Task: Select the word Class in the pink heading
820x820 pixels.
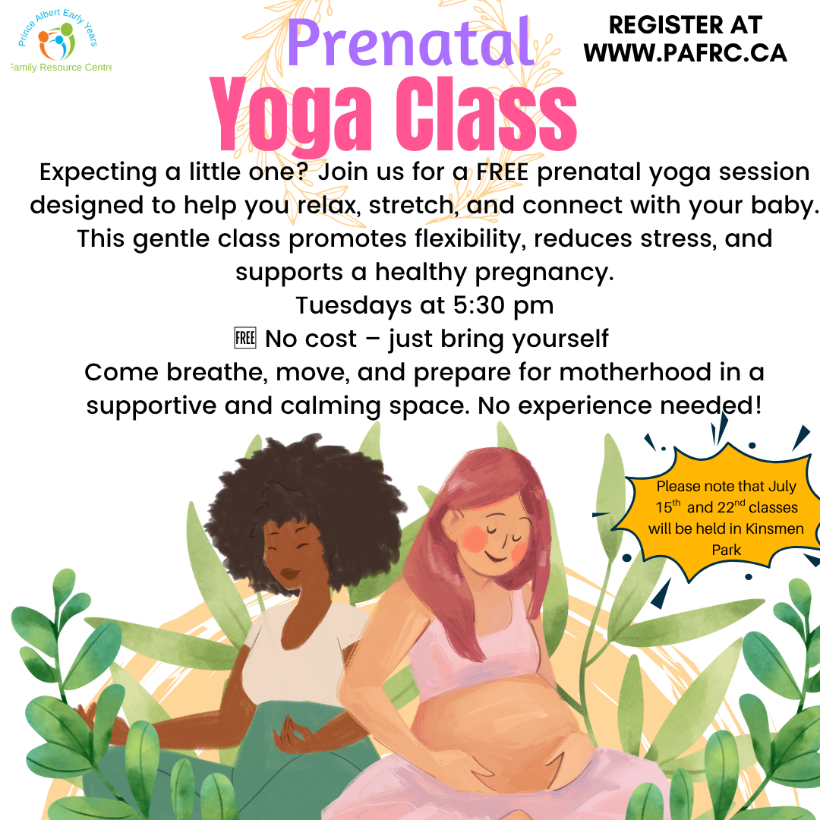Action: (x=487, y=114)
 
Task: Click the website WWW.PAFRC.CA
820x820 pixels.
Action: (x=685, y=53)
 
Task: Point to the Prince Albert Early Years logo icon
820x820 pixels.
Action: (x=57, y=41)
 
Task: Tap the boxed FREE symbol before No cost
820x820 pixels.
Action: (x=244, y=338)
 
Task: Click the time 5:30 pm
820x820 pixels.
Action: (x=503, y=306)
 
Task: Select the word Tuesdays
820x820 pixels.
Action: (x=354, y=305)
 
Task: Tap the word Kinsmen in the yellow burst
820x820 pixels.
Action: (x=774, y=528)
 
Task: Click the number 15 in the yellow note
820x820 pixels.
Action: (x=664, y=507)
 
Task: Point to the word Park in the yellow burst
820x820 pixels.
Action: (x=727, y=550)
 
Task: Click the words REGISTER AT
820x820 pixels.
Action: (x=685, y=24)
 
